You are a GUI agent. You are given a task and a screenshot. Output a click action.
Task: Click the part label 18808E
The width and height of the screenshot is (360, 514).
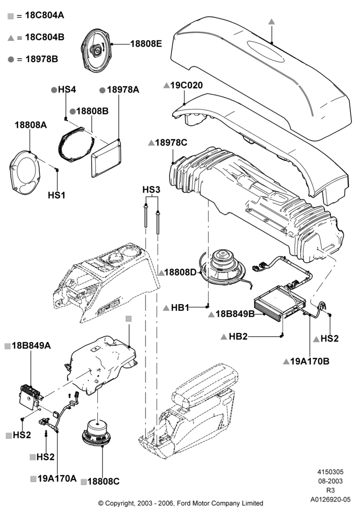(x=146, y=44)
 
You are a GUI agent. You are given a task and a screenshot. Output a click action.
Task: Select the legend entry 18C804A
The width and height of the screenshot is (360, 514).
(x=44, y=15)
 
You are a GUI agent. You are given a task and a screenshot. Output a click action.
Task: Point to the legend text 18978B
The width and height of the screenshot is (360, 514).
(x=42, y=59)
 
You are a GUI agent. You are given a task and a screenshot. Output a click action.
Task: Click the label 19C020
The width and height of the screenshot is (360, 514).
(x=187, y=85)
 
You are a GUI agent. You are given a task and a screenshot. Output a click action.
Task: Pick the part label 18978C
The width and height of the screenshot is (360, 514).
(x=171, y=142)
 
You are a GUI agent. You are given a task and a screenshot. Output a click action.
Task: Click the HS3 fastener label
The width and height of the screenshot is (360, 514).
(x=151, y=190)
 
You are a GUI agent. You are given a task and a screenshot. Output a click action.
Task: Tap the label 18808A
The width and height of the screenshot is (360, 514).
(x=31, y=125)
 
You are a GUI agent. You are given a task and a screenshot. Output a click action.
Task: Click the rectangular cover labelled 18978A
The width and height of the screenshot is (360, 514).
(x=106, y=158)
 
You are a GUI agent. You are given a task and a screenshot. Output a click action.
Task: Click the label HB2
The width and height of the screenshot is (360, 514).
(x=238, y=336)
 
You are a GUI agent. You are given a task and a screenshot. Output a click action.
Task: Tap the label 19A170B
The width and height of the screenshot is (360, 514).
(x=310, y=361)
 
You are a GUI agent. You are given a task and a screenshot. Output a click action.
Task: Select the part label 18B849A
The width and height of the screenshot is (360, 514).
(x=31, y=345)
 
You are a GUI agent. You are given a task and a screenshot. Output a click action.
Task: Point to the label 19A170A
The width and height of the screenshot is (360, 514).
(x=57, y=478)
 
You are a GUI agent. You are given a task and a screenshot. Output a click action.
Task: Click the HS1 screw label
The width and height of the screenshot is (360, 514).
(x=57, y=195)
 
